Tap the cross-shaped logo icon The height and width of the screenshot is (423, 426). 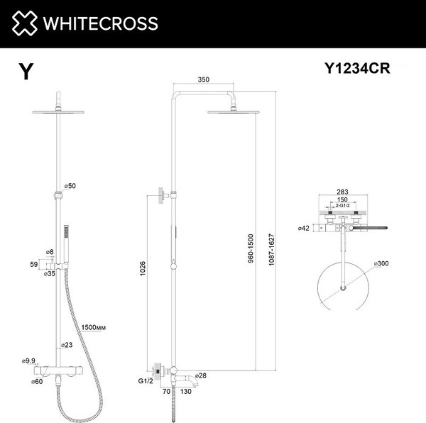(x=23, y=23)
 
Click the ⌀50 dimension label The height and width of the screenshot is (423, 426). (x=70, y=185)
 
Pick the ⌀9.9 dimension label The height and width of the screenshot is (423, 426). (x=29, y=361)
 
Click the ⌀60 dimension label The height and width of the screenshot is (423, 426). (x=29, y=382)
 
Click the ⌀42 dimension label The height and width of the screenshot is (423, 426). (x=305, y=229)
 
